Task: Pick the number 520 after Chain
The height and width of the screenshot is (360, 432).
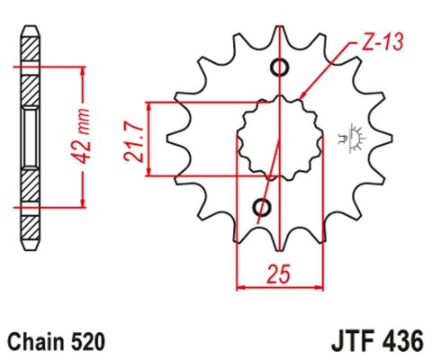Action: coord(89,343)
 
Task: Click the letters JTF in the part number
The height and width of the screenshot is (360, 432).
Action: coord(346,343)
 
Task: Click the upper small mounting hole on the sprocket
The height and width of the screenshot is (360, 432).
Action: coord(279,67)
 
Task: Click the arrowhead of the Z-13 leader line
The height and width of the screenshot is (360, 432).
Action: coord(303,95)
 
